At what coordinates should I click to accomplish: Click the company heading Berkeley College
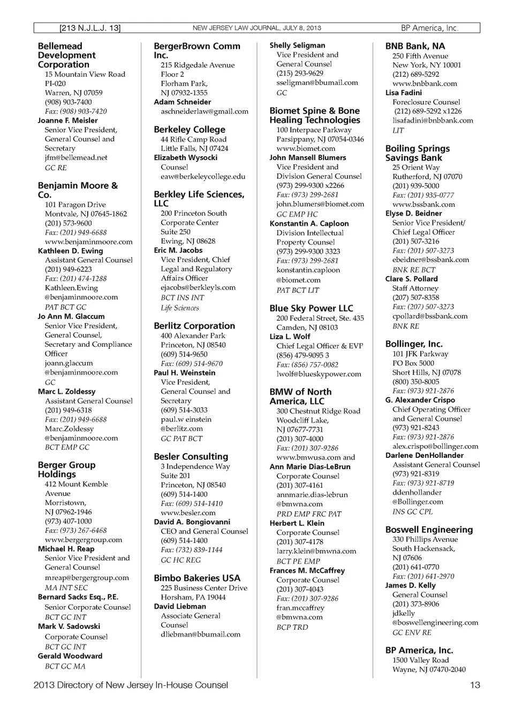point(190,129)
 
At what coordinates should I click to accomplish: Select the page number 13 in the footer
point(475,685)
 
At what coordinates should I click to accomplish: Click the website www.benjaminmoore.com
point(88,242)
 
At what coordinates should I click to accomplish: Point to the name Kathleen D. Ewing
point(70,251)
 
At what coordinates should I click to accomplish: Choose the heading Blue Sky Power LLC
point(311,308)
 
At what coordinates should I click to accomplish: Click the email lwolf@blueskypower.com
point(319,374)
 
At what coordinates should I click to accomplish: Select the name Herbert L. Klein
point(297,523)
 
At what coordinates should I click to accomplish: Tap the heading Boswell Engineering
point(429,530)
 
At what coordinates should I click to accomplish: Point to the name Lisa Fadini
point(403,93)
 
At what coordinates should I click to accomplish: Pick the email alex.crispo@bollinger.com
point(435,446)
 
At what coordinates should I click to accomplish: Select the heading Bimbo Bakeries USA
point(197,578)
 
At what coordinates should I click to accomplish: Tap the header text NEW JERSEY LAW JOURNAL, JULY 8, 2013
point(256,28)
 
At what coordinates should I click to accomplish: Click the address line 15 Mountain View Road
point(85,74)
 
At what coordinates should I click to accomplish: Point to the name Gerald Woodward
point(63,656)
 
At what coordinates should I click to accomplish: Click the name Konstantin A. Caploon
point(309,224)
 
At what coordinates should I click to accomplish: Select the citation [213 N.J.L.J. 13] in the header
point(90,28)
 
